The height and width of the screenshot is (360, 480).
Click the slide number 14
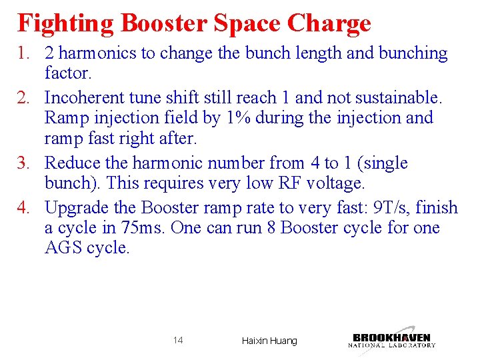(x=178, y=341)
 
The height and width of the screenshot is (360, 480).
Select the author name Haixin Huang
(x=269, y=341)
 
